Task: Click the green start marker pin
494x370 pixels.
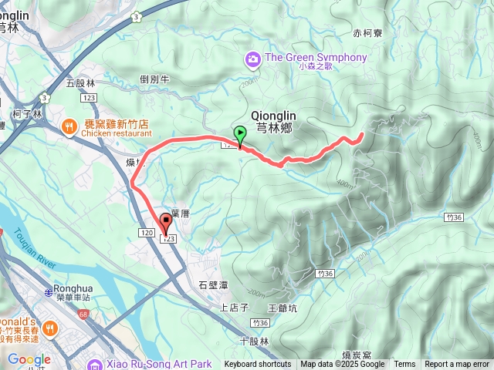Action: pos(239,135)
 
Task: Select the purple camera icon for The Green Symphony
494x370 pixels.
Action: pos(252,58)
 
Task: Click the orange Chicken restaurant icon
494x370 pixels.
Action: pos(68,126)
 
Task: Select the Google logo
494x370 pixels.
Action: pos(29,359)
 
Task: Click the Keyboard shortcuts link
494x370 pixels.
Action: pos(258,365)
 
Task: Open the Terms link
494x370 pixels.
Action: pos(404,365)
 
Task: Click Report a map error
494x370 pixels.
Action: pos(457,365)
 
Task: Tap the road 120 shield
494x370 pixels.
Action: pos(147,232)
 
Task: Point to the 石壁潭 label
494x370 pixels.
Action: pos(213,286)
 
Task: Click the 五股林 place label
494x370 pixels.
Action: pos(80,82)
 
